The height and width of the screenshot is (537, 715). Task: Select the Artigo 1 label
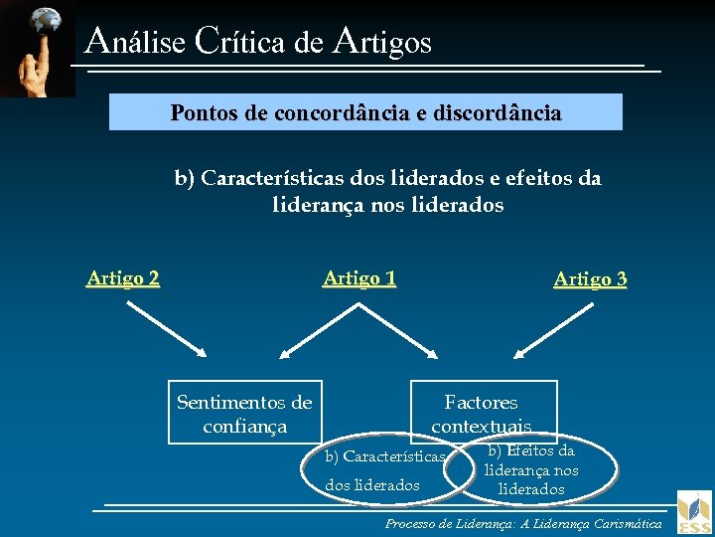pyautogui.click(x=359, y=278)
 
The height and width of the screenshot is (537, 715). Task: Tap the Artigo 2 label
pyautogui.click(x=123, y=278)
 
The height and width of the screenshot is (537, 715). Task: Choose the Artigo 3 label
pyautogui.click(x=590, y=279)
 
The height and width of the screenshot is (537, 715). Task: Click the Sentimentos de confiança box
pyautogui.click(x=244, y=414)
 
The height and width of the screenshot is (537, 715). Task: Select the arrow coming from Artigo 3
pyautogui.click(x=549, y=330)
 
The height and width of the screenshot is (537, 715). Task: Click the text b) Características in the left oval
pyautogui.click(x=385, y=456)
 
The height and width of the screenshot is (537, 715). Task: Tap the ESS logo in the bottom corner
pyautogui.click(x=694, y=513)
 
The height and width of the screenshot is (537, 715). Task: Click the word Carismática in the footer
pyautogui.click(x=625, y=523)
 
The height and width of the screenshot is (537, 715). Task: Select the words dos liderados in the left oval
pyautogui.click(x=372, y=485)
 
